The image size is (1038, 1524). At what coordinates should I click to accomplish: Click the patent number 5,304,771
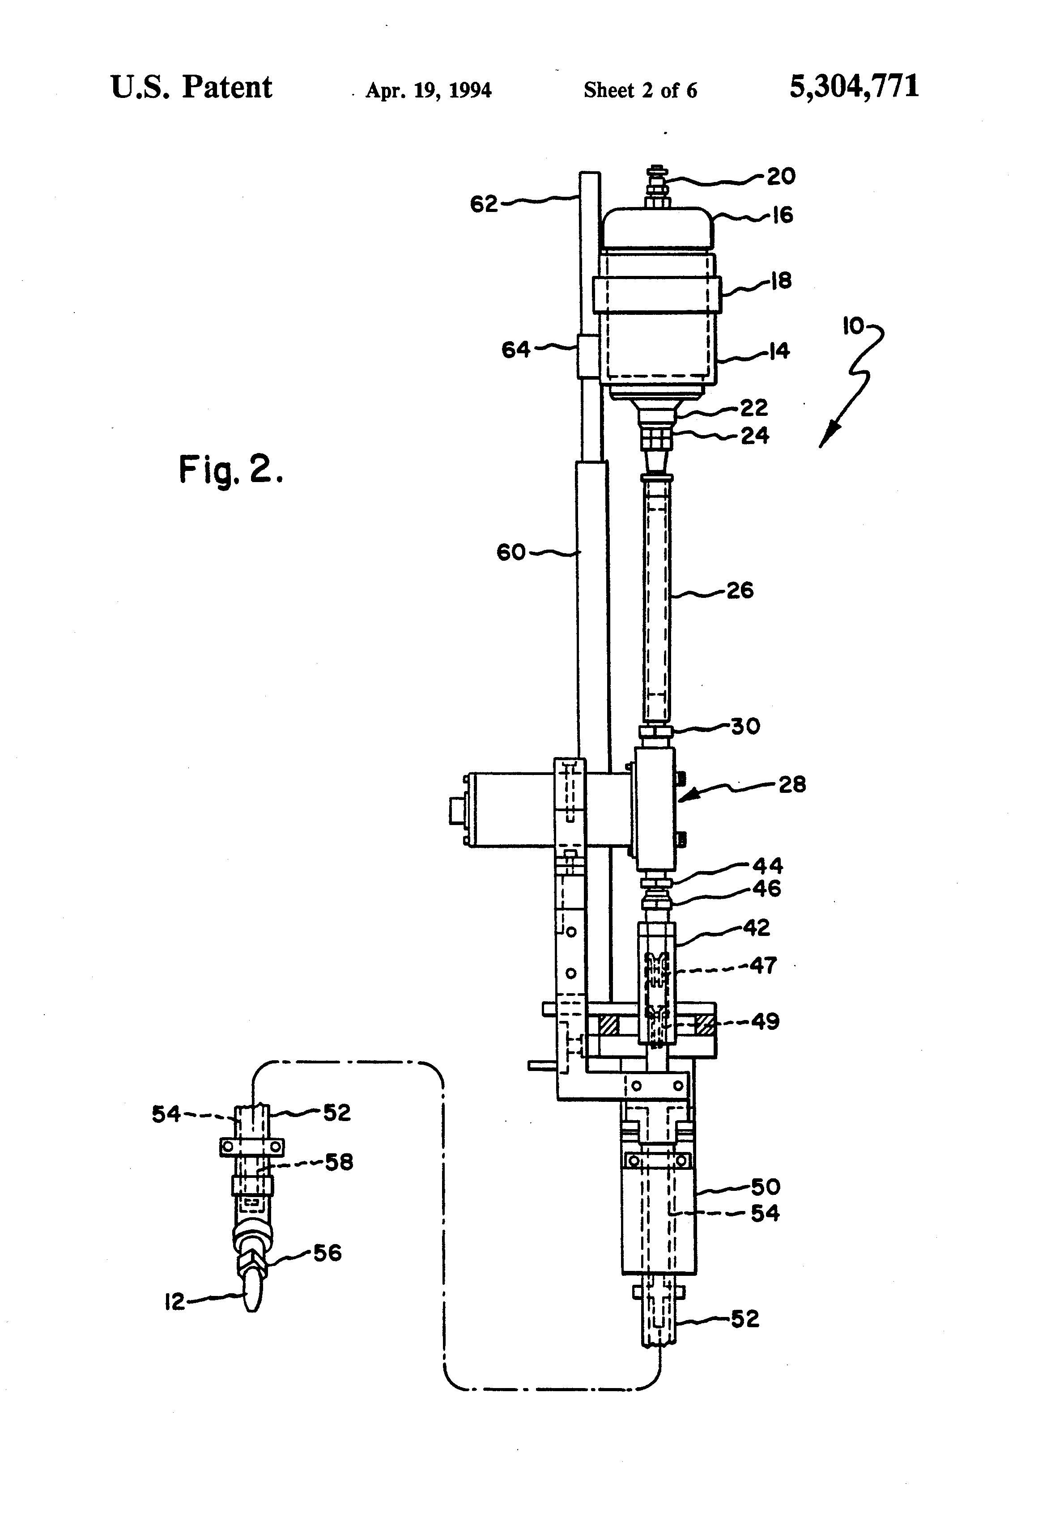click(854, 87)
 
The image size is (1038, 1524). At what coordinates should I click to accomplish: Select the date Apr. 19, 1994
click(429, 90)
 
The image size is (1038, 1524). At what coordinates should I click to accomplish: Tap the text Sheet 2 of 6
click(640, 90)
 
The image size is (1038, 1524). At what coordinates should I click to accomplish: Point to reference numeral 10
click(854, 326)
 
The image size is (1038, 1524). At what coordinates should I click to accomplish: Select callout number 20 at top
click(781, 176)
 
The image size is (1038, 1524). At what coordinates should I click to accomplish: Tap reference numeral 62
click(484, 205)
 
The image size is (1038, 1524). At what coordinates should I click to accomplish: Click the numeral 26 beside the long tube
click(740, 590)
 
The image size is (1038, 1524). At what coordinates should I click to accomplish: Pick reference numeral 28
click(792, 784)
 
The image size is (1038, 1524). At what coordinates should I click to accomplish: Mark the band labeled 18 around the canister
click(657, 294)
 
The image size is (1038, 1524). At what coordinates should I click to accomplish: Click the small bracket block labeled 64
click(588, 356)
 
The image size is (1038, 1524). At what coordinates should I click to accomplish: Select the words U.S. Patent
click(191, 87)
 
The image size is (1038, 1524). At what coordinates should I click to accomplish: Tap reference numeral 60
click(511, 552)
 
